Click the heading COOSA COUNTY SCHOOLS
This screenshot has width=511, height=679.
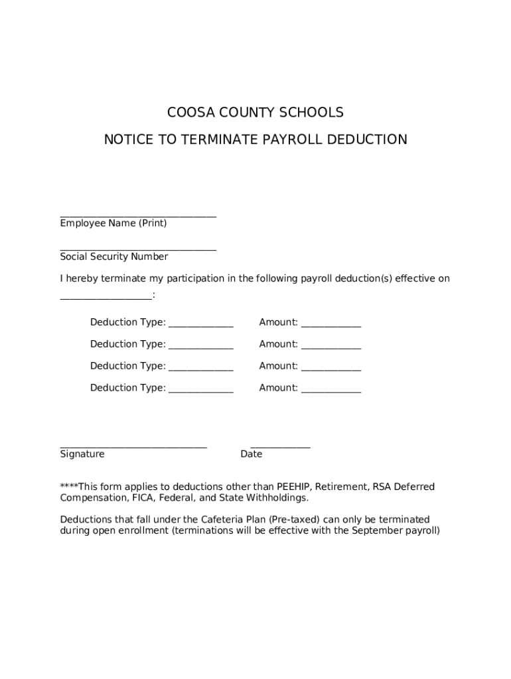[255, 113]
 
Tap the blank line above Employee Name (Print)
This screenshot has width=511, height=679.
[138, 215]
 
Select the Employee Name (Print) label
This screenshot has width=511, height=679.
[113, 223]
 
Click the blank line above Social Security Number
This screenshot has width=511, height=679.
[138, 249]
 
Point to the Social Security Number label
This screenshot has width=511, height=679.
[114, 257]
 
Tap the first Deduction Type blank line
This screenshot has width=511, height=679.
[200, 325]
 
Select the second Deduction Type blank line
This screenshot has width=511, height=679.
[200, 347]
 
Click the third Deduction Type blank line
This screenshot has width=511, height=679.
[200, 369]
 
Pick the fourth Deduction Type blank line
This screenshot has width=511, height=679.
[200, 391]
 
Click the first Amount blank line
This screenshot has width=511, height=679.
[330, 325]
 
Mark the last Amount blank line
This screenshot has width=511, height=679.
[330, 391]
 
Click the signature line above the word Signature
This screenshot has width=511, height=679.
[133, 446]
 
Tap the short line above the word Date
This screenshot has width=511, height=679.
[280, 446]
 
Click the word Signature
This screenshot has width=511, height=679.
[82, 454]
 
